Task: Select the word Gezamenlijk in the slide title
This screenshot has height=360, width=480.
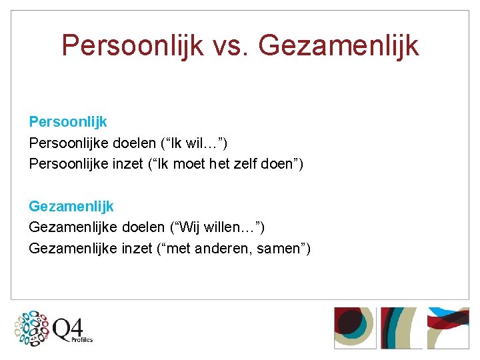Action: click(x=339, y=45)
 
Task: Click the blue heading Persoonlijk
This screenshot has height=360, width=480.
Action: click(x=68, y=122)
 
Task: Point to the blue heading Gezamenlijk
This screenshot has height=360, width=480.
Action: click(x=71, y=207)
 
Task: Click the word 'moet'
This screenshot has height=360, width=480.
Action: click(x=189, y=163)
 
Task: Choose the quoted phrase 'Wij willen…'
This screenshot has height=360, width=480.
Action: click(x=219, y=227)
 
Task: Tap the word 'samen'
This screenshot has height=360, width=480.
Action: click(x=282, y=248)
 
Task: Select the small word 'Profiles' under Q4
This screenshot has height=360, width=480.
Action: click(x=81, y=340)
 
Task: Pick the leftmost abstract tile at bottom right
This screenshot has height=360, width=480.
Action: click(x=355, y=327)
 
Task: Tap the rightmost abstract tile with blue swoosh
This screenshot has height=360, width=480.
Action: click(x=448, y=327)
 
